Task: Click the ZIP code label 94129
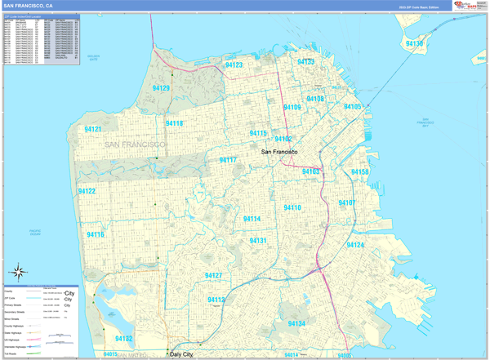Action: [x=161, y=88]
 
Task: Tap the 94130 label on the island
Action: [x=415, y=43]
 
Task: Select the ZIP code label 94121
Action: [x=92, y=129]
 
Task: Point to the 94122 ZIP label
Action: [x=87, y=191]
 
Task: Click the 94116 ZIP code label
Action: [x=96, y=234]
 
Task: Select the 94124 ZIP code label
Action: [x=355, y=245]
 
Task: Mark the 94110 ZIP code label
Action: [x=292, y=208]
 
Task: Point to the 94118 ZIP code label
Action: [x=174, y=123]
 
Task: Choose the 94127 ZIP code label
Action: [x=214, y=276]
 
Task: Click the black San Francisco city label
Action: [x=278, y=153]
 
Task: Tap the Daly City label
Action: [x=184, y=354]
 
